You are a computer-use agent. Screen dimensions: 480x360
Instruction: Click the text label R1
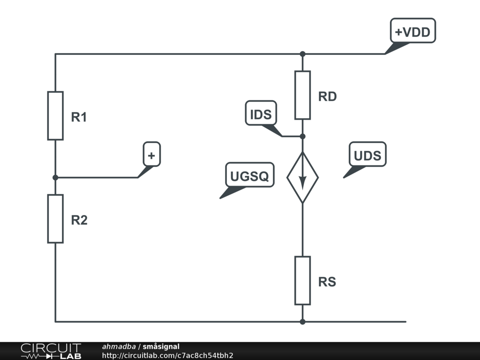[x=79, y=117]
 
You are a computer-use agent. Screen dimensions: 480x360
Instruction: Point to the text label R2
[x=79, y=220]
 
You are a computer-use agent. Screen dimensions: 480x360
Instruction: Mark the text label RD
[x=327, y=97]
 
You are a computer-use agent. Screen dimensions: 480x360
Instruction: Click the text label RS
[x=327, y=282]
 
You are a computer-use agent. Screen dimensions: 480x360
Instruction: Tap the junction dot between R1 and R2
[x=55, y=178]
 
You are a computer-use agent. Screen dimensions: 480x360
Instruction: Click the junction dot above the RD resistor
[x=302, y=54]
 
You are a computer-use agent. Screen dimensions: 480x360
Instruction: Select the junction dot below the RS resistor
[x=302, y=322]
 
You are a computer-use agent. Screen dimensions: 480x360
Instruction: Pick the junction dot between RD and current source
[x=302, y=136]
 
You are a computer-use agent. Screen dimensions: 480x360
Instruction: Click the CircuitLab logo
[x=51, y=351]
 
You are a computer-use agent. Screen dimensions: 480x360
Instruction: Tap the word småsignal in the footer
[x=161, y=346]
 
